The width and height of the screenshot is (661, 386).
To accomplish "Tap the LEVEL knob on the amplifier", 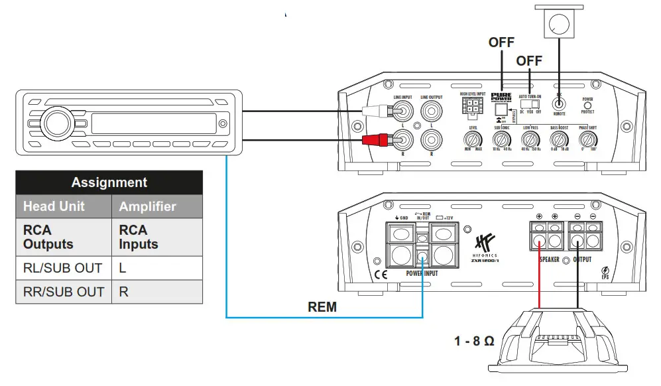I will click(473, 140).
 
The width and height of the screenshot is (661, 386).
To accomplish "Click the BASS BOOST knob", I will click(559, 140).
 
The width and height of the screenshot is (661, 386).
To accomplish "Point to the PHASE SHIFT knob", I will click(587, 140).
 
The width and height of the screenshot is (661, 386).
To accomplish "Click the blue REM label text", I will click(322, 307).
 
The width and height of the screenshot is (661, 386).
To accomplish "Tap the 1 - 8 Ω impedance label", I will click(474, 342).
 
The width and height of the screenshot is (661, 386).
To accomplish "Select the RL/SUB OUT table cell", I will click(63, 268).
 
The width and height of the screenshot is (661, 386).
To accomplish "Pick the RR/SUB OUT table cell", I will click(63, 292).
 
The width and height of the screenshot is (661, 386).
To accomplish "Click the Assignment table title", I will click(109, 182).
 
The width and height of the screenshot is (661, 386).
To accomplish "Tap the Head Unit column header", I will click(54, 206).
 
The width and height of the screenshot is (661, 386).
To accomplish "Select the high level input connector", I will click(471, 105).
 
